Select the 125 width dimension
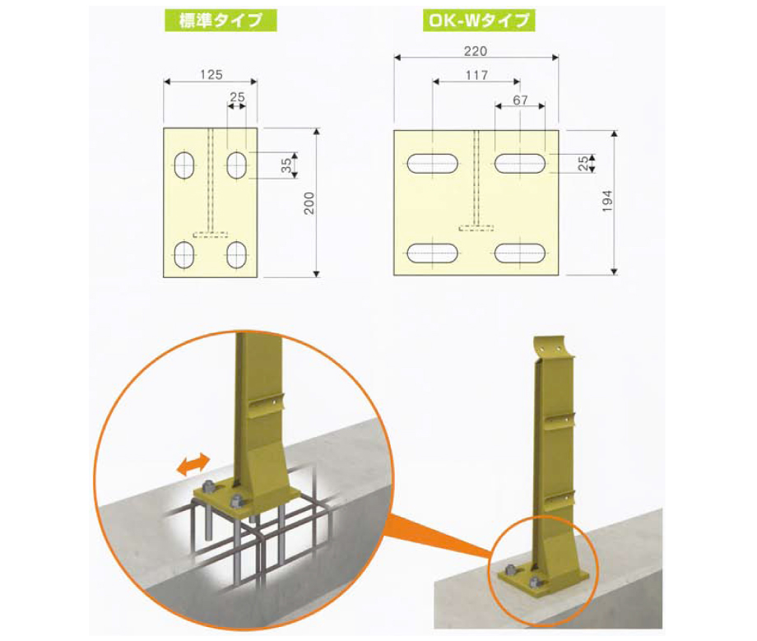click(x=211, y=74)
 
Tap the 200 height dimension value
click(x=309, y=202)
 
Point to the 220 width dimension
click(x=476, y=50)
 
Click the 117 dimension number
click(x=476, y=75)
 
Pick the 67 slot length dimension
click(x=519, y=99)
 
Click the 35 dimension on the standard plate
click(x=286, y=165)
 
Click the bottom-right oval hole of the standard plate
click(x=238, y=255)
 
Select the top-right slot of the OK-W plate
click(x=521, y=164)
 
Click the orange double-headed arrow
click(x=193, y=465)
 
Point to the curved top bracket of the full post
click(x=552, y=349)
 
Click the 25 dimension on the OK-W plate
click(x=583, y=164)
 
